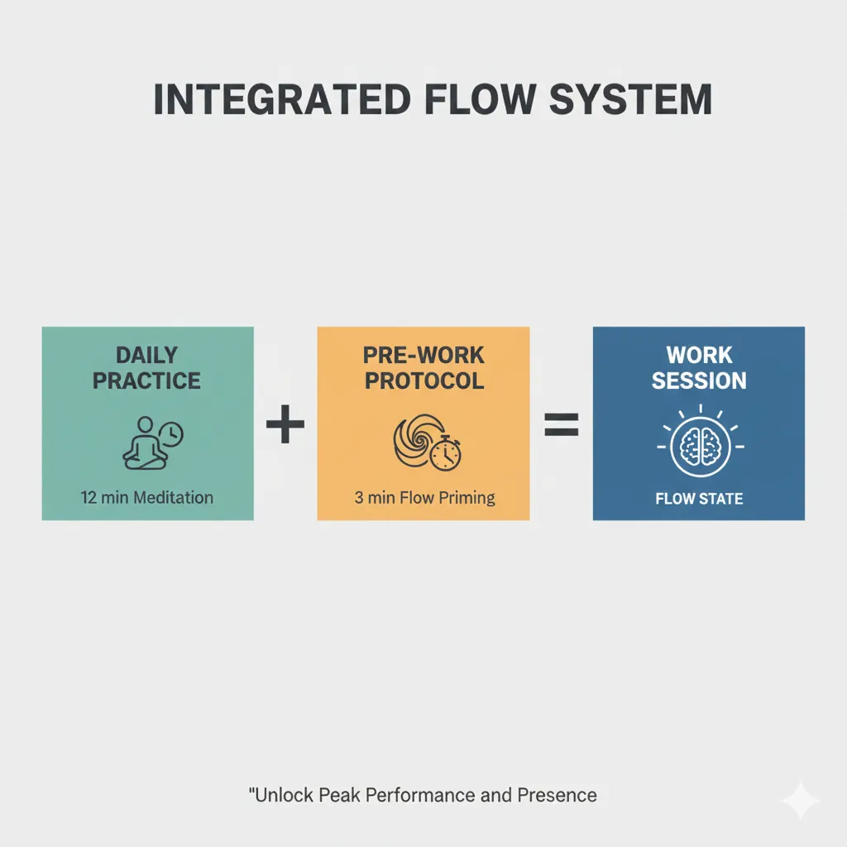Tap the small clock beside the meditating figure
(x=171, y=435)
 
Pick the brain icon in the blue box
(x=699, y=447)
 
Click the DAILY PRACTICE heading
(x=147, y=368)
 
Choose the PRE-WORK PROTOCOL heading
(x=423, y=368)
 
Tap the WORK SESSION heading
(x=699, y=368)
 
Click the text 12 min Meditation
(x=147, y=498)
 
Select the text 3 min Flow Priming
(x=423, y=498)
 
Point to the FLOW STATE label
(x=699, y=499)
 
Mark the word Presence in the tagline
(x=557, y=796)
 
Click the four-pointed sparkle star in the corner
(x=800, y=800)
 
